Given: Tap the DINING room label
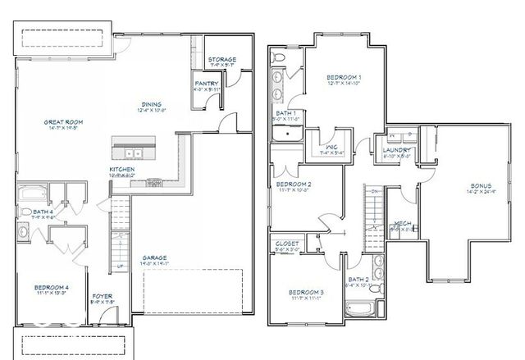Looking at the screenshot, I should [x=151, y=104].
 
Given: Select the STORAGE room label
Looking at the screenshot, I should [x=221, y=60].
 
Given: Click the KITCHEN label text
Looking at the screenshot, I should [x=122, y=171].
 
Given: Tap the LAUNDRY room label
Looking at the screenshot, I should [x=395, y=149].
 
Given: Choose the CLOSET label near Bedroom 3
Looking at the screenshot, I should [x=287, y=244].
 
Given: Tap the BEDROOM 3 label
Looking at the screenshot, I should [x=304, y=293].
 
